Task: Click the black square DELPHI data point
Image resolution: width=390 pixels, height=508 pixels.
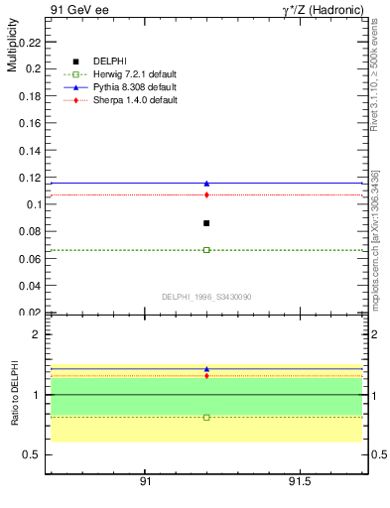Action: click(x=206, y=223)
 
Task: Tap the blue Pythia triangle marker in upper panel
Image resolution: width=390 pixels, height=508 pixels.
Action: click(x=206, y=183)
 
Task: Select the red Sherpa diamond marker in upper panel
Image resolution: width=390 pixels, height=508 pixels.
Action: click(x=206, y=194)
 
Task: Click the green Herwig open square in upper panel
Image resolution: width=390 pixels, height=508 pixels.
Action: click(x=206, y=250)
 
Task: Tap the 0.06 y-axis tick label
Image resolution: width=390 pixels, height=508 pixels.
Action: click(x=31, y=260)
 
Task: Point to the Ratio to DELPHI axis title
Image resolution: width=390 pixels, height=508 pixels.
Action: click(x=13, y=394)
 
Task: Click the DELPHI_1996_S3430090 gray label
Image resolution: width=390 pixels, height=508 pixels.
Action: click(x=205, y=297)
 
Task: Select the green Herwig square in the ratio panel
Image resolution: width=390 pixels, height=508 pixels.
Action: click(x=206, y=417)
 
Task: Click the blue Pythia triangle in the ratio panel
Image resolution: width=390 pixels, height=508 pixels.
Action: click(x=206, y=369)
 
